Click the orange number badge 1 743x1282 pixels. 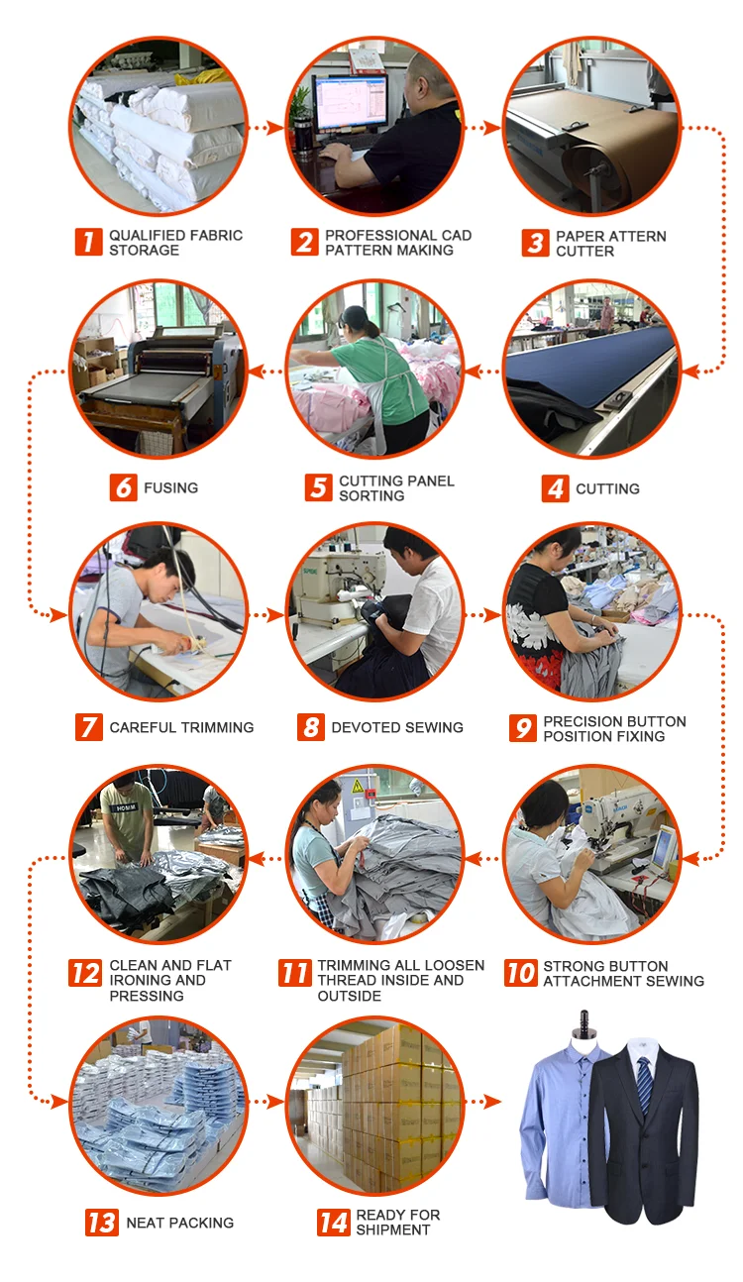[89, 242]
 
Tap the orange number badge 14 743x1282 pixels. [334, 1223]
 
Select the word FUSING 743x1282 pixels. [171, 488]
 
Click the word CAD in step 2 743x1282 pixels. [457, 235]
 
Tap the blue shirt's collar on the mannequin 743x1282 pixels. [583, 1048]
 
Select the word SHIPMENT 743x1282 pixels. [392, 1229]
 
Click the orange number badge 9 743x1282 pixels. [523, 728]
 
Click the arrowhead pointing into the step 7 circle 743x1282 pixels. [58, 615]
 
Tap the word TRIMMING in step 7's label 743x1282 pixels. [217, 727]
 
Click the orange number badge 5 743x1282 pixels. [318, 487]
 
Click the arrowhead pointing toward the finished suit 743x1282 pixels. [492, 1101]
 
